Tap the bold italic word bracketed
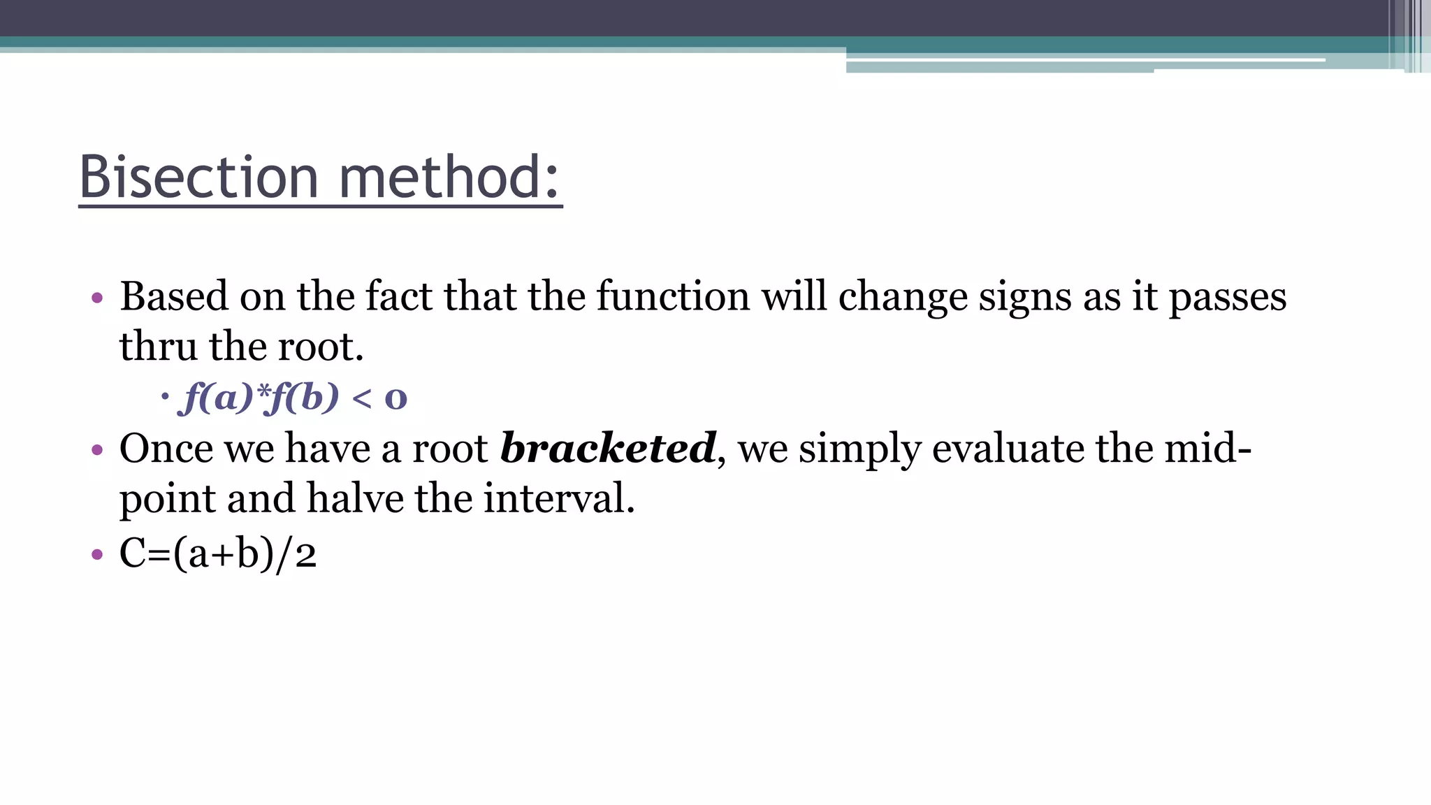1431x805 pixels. (x=608, y=448)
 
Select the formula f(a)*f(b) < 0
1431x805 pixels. (x=293, y=398)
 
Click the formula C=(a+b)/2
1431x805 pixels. (x=218, y=554)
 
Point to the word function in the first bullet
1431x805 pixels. (x=673, y=296)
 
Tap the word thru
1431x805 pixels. (x=158, y=347)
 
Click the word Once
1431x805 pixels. (x=166, y=448)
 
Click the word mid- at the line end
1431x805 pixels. (x=1207, y=448)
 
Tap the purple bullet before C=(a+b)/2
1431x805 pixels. (x=97, y=556)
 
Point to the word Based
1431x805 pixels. (x=174, y=296)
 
